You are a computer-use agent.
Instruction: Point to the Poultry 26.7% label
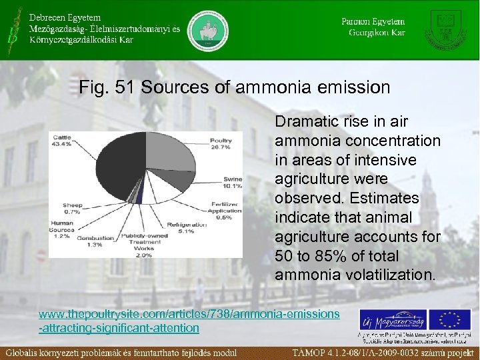(x=221, y=144)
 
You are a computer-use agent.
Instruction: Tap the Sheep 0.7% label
(x=72, y=208)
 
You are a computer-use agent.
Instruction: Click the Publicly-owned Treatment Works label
(x=143, y=245)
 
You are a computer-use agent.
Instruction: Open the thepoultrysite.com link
(x=189, y=320)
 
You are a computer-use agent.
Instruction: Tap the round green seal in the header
(x=207, y=31)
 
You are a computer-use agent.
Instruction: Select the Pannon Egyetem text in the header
(x=373, y=21)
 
